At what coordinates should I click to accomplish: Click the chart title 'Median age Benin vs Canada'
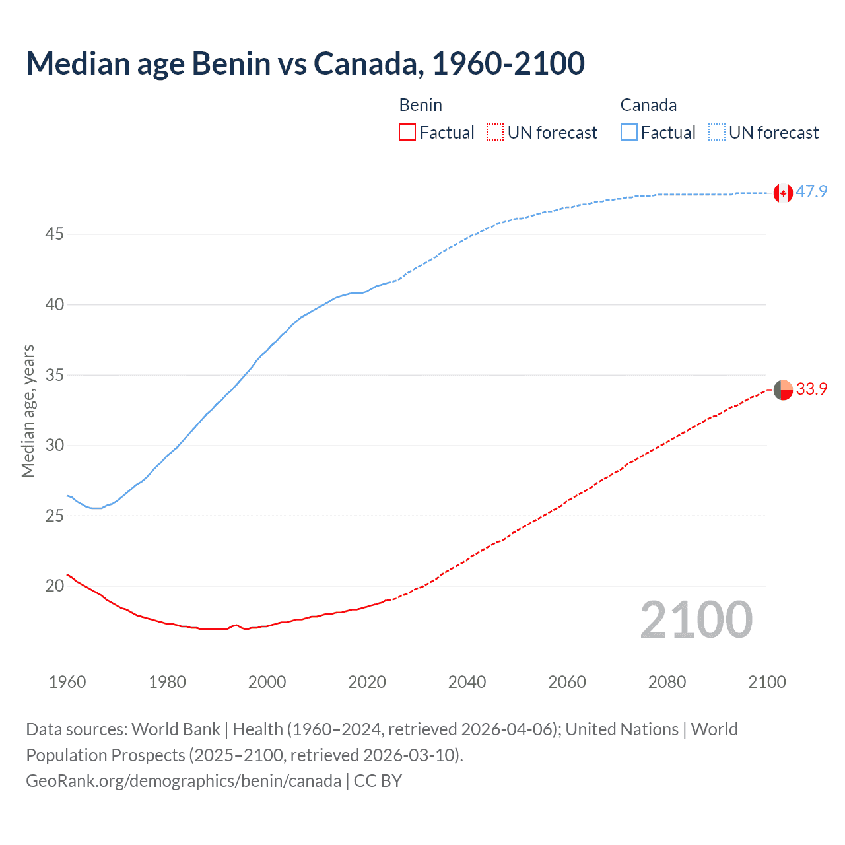(305, 63)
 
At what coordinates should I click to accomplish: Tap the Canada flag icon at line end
(783, 193)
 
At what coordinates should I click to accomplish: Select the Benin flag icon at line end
(783, 390)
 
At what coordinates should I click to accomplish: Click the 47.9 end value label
(811, 192)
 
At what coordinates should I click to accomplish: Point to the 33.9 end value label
(811, 389)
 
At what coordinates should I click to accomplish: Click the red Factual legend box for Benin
(407, 133)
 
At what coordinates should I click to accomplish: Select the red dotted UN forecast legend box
(495, 133)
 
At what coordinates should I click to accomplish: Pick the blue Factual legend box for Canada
(628, 133)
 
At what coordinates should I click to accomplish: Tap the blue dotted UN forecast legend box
(716, 133)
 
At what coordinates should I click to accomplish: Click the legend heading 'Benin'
(421, 105)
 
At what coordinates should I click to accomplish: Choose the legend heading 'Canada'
(648, 105)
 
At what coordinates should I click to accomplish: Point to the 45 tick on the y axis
(54, 234)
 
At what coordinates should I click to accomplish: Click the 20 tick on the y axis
(54, 586)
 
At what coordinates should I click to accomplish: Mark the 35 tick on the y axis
(54, 375)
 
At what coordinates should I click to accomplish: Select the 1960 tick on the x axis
(67, 682)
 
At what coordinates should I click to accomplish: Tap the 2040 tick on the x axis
(467, 682)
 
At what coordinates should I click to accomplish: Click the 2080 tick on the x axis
(667, 682)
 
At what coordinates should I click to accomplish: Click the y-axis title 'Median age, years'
(28, 411)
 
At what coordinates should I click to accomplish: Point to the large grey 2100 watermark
(696, 620)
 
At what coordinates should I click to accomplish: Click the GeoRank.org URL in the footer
(184, 781)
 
